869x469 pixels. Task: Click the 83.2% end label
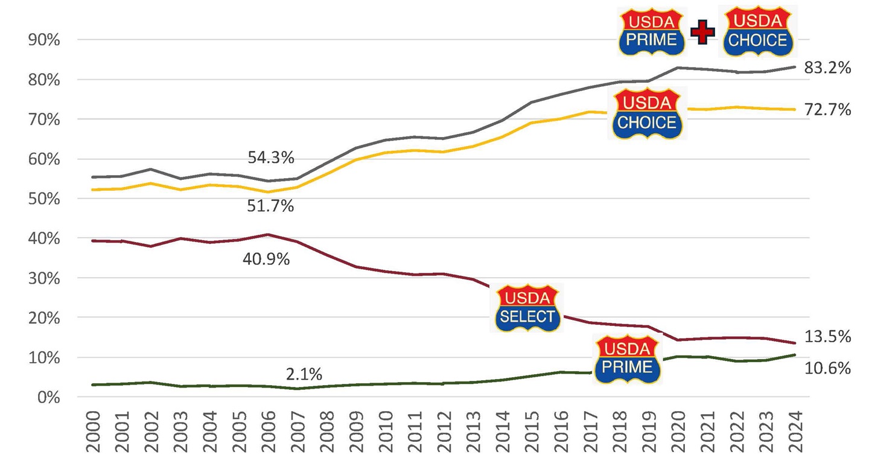click(827, 68)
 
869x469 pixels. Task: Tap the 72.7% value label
click(827, 109)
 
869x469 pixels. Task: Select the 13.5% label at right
click(827, 337)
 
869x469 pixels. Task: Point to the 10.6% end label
click(827, 368)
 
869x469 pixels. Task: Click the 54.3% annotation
click(271, 158)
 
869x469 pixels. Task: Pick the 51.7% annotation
click(271, 206)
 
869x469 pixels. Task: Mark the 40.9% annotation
click(266, 260)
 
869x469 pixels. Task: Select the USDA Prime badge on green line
click(628, 359)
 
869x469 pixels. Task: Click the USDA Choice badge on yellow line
click(647, 113)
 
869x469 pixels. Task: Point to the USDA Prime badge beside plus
click(652, 32)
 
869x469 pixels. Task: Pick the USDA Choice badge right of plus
click(757, 32)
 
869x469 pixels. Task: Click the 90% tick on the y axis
click(44, 40)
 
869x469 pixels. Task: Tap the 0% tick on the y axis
click(48, 397)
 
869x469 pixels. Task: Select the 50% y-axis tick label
click(44, 199)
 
